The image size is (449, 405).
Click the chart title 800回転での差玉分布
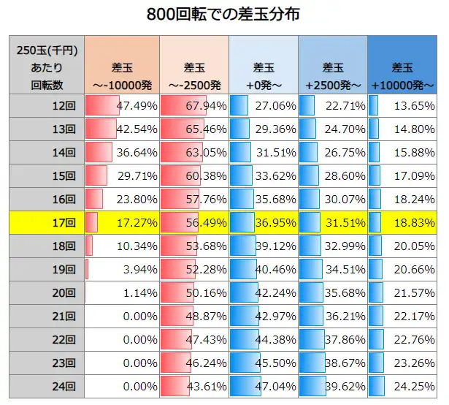[224, 14]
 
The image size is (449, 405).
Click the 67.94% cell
[194, 105]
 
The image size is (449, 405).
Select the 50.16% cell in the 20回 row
[194, 292]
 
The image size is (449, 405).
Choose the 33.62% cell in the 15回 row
[264, 175]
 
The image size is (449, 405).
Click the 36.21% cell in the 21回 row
[333, 316]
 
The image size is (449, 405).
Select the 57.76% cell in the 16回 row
[194, 199]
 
